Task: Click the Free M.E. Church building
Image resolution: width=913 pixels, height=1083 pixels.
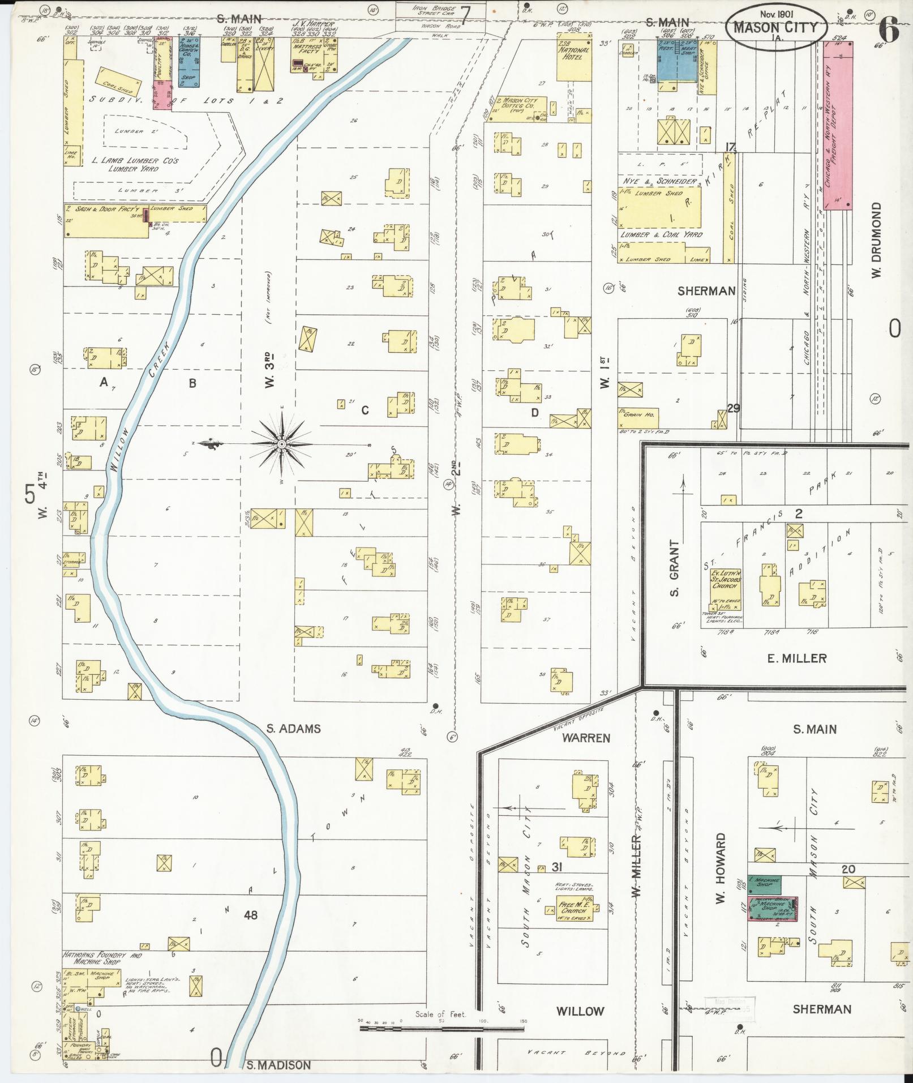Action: pos(575,911)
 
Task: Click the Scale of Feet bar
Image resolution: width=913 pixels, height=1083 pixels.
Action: pos(442,1026)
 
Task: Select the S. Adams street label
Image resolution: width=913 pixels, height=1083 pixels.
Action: pos(293,729)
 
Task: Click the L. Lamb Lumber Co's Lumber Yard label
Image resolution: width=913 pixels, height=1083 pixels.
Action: pos(135,165)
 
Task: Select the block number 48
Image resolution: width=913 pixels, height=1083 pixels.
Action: pos(250,914)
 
